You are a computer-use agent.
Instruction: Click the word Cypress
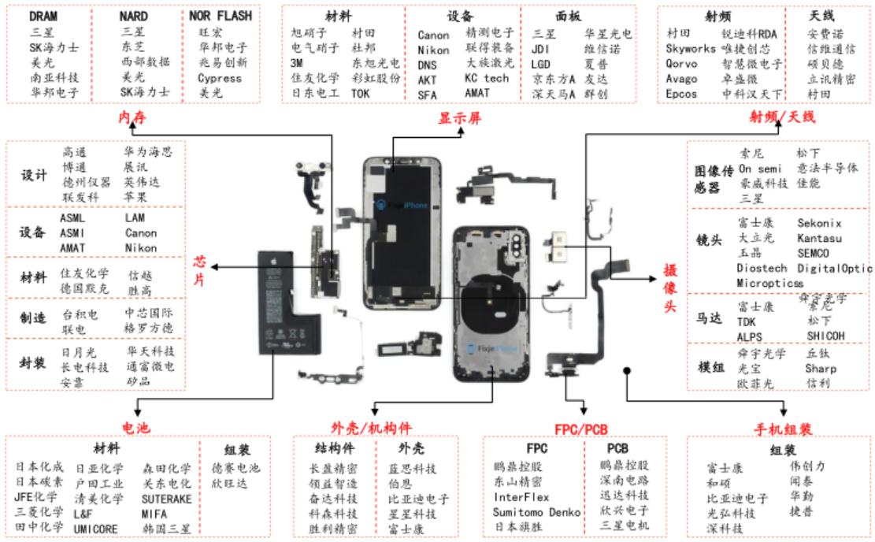[220, 78]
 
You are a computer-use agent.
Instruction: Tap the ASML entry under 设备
[72, 217]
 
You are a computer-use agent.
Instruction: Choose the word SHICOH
[825, 336]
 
